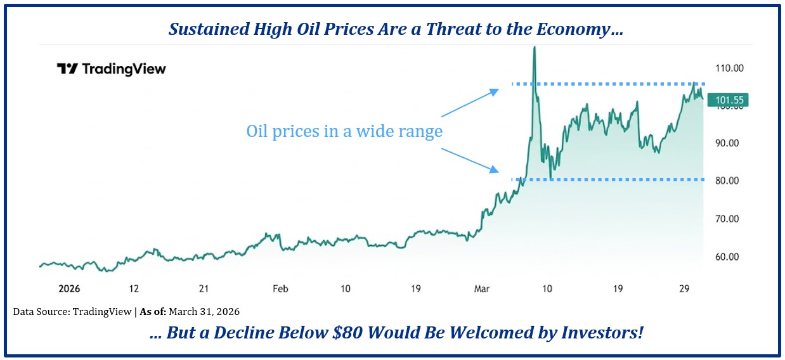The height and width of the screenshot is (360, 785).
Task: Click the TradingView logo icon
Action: tap(67, 68)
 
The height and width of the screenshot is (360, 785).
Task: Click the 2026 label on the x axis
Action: tap(68, 288)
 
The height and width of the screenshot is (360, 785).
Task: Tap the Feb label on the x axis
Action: tap(280, 288)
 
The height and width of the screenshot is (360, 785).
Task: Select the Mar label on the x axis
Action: tap(483, 288)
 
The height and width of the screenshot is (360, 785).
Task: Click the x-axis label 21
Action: tap(204, 288)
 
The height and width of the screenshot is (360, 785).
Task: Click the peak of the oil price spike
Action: tap(535, 48)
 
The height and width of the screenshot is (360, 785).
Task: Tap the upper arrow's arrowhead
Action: tap(495, 93)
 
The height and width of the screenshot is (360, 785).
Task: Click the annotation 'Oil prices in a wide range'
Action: tap(344, 132)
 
